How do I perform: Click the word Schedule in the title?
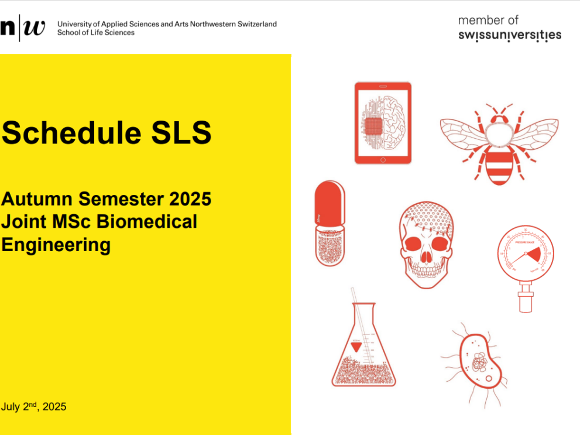71,132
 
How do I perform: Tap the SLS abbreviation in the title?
181,132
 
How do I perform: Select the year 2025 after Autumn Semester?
190,199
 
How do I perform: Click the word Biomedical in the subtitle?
146,221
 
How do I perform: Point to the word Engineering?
56,245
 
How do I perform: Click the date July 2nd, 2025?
34,406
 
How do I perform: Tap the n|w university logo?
23,28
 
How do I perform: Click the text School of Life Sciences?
96,33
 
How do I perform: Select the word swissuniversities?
510,35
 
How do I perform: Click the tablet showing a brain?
383,123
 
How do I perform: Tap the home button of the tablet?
383,160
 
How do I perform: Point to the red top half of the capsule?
330,203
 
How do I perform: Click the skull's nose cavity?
426,256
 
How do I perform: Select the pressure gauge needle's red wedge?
534,254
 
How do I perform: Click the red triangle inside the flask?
356,347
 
